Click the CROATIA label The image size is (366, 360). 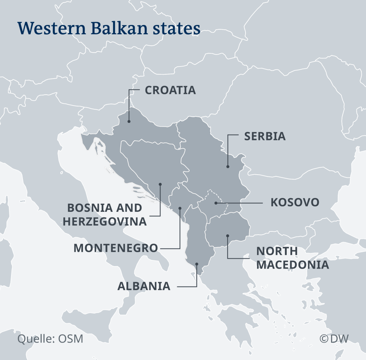[x=170, y=90]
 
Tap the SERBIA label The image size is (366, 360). [x=265, y=136]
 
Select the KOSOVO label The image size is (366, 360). [x=295, y=202]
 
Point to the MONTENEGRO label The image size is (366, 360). [x=116, y=248]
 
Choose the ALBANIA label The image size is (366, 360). [x=144, y=286]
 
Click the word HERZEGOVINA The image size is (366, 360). [x=105, y=221]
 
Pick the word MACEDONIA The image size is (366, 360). [x=293, y=265]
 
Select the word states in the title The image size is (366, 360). [x=179, y=28]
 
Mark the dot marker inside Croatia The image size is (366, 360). [x=129, y=121]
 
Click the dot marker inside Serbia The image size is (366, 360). [x=228, y=166]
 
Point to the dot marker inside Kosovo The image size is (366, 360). [x=216, y=203]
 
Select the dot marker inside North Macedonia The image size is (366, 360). [x=228, y=235]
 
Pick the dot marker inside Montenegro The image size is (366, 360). [x=180, y=208]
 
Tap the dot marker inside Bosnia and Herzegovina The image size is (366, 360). [x=160, y=184]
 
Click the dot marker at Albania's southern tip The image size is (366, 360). [x=197, y=265]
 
